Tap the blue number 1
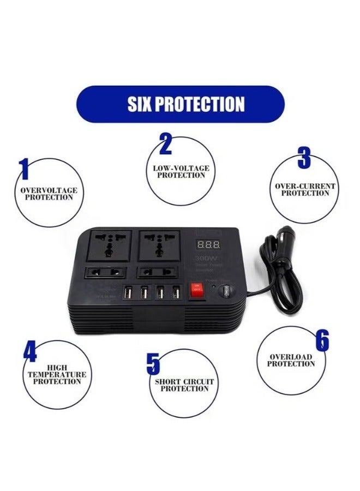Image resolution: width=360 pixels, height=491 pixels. point(23,169)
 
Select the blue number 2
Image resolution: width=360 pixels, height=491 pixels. point(165,144)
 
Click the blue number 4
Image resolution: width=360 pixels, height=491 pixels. point(30,351)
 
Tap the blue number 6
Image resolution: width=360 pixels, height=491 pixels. point(322,340)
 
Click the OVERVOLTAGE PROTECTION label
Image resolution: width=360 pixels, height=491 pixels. point(49,194)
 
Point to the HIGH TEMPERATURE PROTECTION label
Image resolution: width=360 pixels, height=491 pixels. point(57,375)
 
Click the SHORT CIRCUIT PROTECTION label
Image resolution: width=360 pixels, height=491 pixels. point(184,385)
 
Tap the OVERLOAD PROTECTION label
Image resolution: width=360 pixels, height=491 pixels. point(291,361)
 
